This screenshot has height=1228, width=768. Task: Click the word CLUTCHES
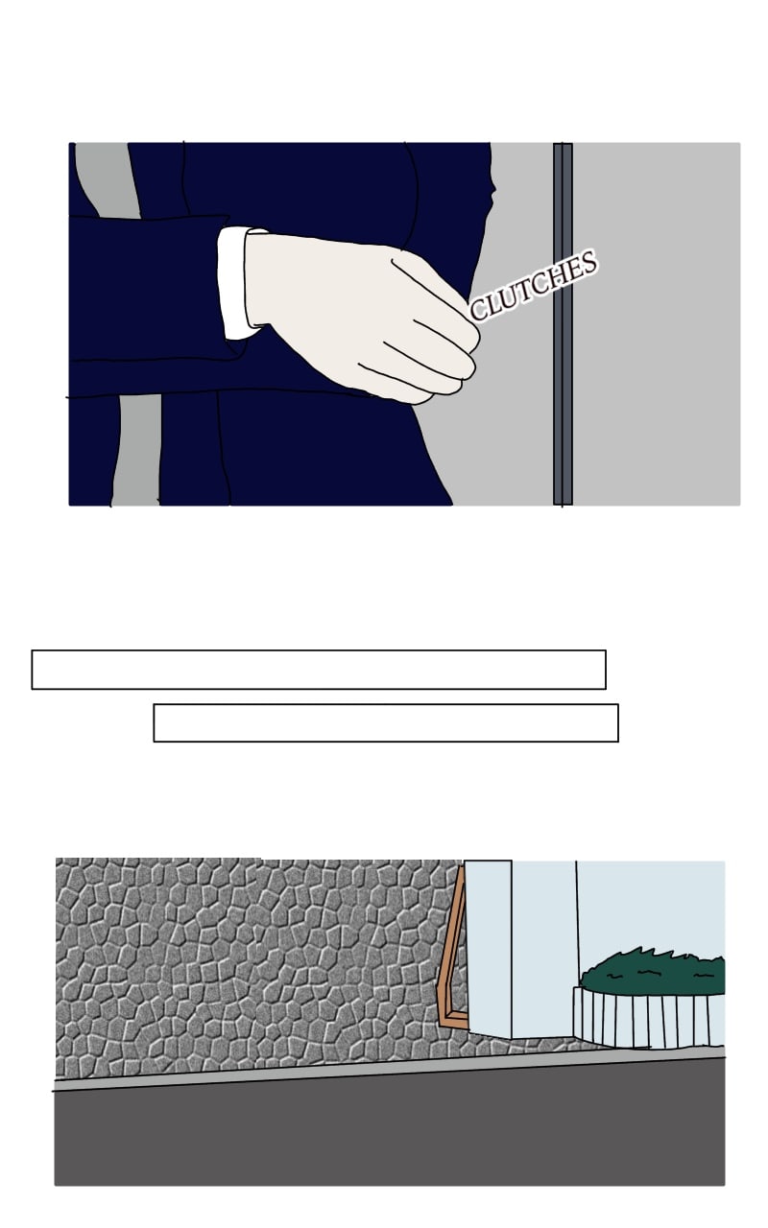click(x=533, y=285)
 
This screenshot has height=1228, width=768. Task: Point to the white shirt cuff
click(x=233, y=283)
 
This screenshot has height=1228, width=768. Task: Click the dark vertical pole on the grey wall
click(x=563, y=323)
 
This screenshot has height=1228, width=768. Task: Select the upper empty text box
click(x=319, y=670)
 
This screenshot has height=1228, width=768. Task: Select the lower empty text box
click(x=386, y=722)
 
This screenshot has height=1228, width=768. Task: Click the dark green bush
click(x=653, y=973)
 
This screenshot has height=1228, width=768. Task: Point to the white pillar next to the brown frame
click(x=489, y=949)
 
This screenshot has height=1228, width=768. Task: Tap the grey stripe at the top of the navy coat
click(x=108, y=179)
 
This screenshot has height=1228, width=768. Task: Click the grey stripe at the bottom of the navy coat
click(x=137, y=450)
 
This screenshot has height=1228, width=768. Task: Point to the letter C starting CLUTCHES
click(x=479, y=310)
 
